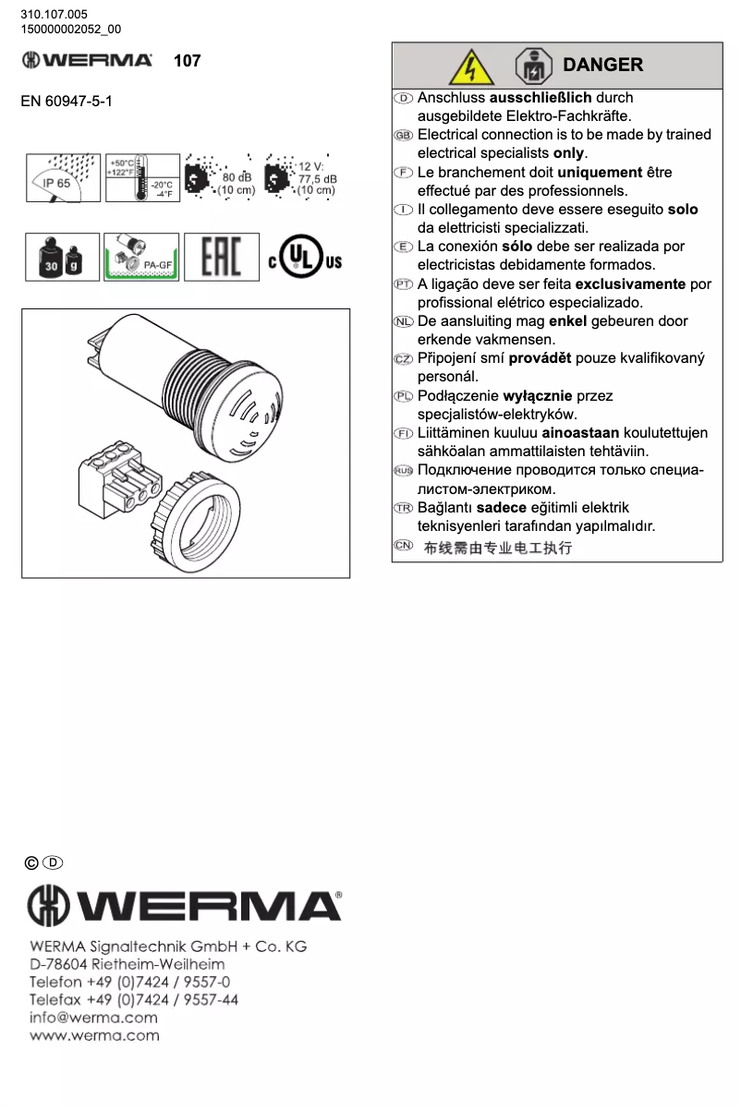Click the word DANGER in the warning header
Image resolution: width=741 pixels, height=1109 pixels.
pos(602,65)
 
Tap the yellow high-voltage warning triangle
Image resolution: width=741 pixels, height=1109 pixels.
pos(472,66)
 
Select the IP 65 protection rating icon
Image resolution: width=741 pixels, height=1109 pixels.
pos(62,176)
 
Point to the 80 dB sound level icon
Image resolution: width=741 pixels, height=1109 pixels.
pos(220,177)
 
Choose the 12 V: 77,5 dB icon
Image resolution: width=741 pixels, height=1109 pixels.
pos(300,177)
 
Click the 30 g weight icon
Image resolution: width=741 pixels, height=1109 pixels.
pos(61,257)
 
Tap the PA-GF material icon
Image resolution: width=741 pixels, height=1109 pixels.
pos(140,257)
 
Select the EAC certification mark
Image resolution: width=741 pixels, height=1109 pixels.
pos(221,257)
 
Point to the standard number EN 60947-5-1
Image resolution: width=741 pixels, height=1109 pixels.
pos(67,101)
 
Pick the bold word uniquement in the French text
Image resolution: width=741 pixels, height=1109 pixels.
pos(600,172)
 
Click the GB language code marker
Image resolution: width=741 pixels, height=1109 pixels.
pos(403,135)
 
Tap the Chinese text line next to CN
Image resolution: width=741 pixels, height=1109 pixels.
pos(497,548)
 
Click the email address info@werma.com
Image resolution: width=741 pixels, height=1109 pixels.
pos(93,1018)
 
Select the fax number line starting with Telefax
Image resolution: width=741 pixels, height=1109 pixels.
pos(134,1000)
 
